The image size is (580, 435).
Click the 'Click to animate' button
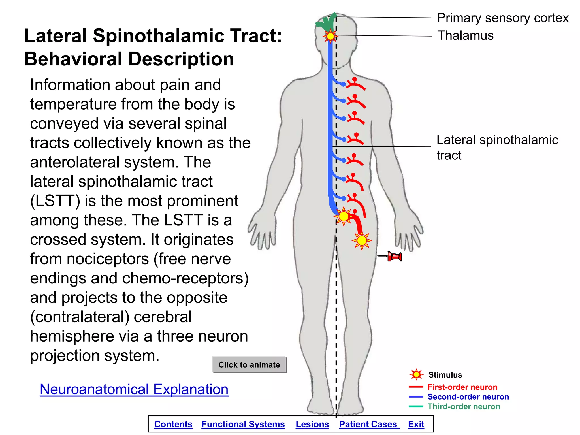point(249,364)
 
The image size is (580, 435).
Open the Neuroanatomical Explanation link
point(134,389)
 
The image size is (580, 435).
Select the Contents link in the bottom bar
point(173,424)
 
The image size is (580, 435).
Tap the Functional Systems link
point(243,424)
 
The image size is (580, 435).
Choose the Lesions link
point(312,424)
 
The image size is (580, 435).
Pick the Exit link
point(416,424)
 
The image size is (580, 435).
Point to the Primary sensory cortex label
point(502,18)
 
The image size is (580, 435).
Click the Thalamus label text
point(465,36)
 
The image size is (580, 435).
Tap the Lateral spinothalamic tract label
point(497,147)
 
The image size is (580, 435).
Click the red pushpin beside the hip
point(394,257)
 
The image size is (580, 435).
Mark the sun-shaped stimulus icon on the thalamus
point(330,36)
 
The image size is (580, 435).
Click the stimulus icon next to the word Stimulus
point(416,375)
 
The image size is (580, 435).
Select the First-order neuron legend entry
point(462,387)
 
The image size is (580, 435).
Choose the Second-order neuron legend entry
point(468,396)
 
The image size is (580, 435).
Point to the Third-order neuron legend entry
point(463,406)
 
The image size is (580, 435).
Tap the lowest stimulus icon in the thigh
point(362,241)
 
